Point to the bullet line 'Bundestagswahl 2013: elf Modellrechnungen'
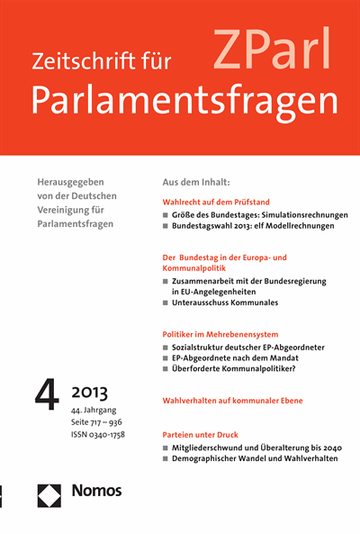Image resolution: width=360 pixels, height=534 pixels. (254, 226)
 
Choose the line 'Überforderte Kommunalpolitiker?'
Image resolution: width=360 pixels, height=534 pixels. (238, 369)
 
